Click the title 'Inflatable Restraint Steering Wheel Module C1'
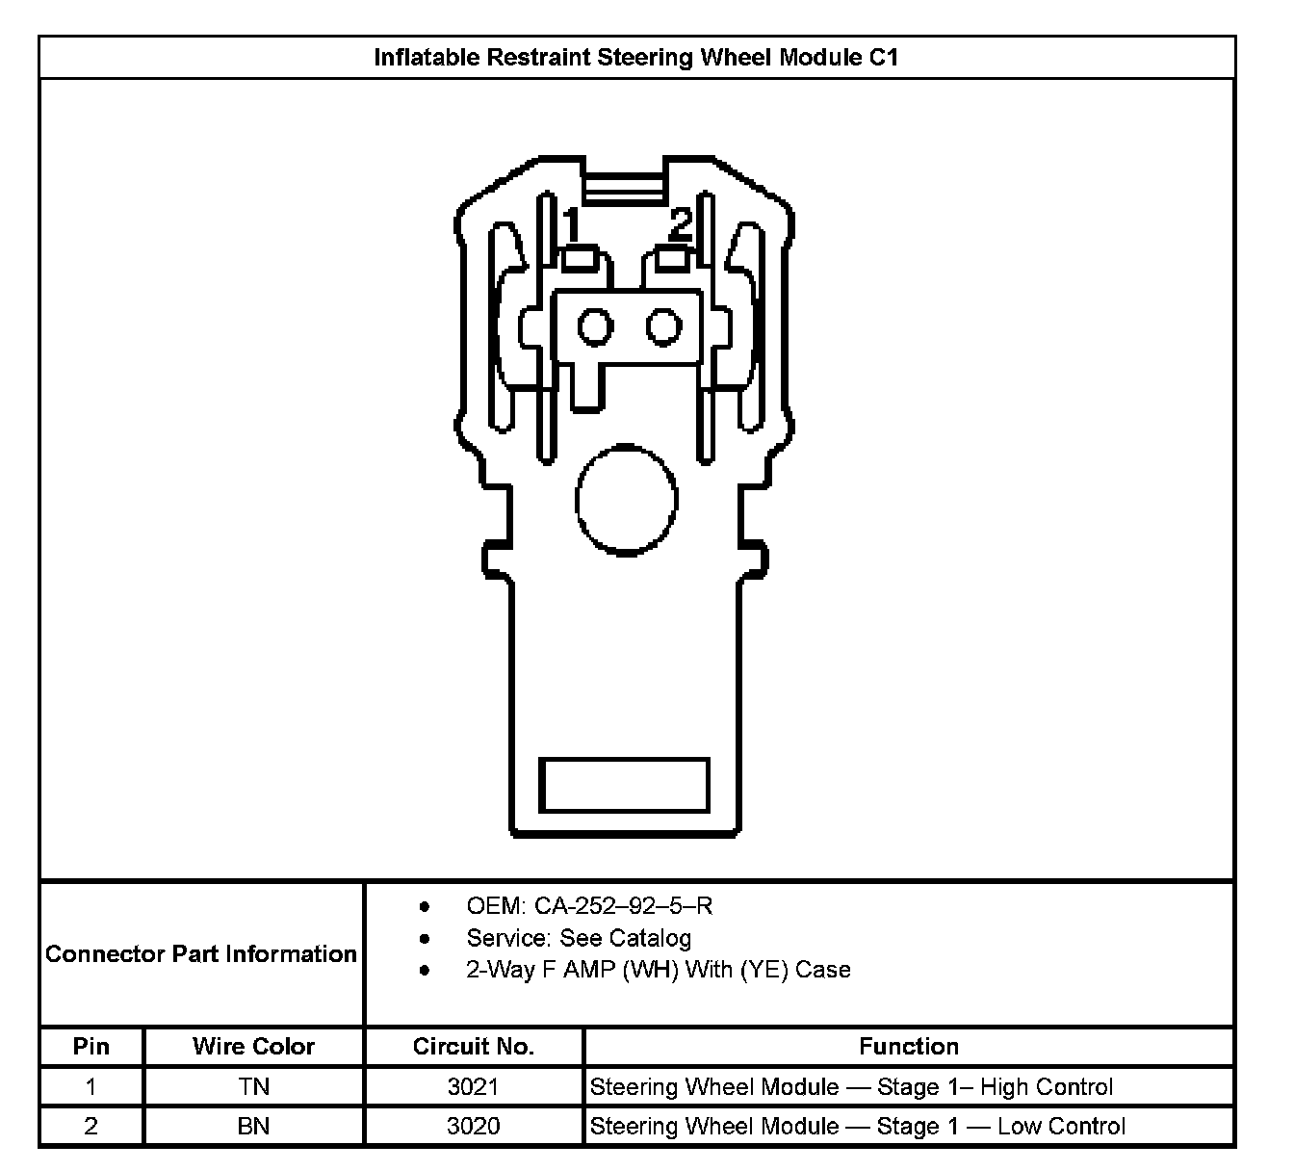(x=635, y=58)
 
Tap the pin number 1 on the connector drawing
(x=572, y=225)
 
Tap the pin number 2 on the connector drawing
(x=681, y=224)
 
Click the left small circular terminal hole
(x=595, y=327)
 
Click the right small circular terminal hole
(x=663, y=327)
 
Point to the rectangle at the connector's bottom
(x=624, y=785)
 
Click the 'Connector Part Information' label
(x=201, y=954)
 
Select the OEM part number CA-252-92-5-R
(x=589, y=906)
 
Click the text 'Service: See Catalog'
(x=579, y=938)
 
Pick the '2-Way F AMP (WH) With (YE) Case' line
(x=659, y=970)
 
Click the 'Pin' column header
(x=91, y=1047)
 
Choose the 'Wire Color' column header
(x=253, y=1047)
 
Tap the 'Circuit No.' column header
(x=473, y=1047)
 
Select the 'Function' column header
(x=908, y=1047)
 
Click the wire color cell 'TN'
(x=253, y=1087)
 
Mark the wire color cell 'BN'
(x=253, y=1127)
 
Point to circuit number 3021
(x=473, y=1087)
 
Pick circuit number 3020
(x=473, y=1127)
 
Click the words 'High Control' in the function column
(x=1047, y=1087)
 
